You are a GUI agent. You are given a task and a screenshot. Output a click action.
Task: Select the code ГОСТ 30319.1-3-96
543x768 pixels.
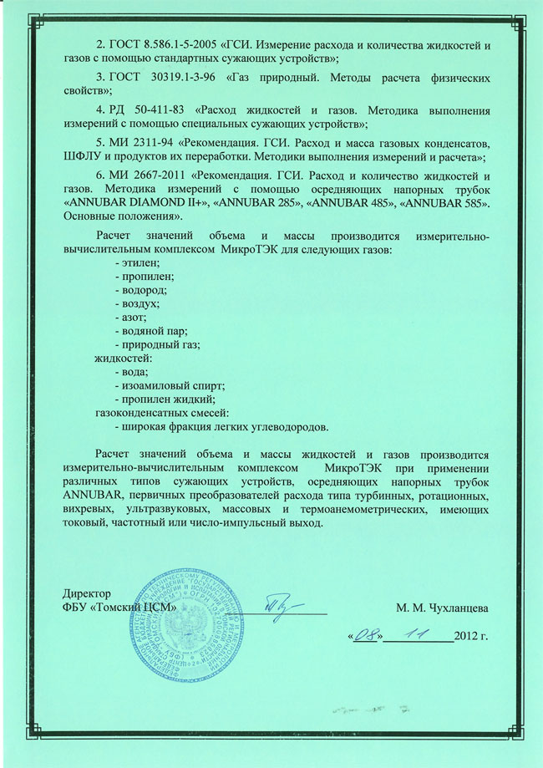point(158,77)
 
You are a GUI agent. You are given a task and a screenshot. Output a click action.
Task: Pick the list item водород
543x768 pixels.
point(141,290)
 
